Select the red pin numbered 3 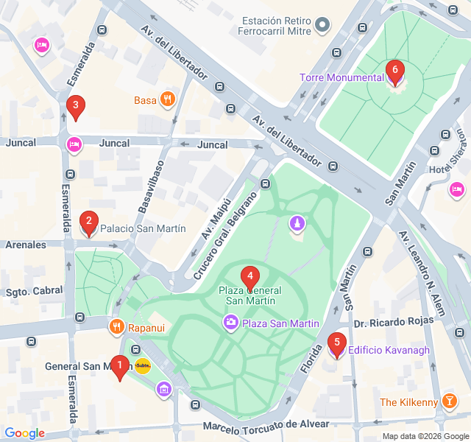tap(74, 107)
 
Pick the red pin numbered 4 tap(250, 277)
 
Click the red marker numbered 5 tap(337, 344)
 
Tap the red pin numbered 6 tap(395, 71)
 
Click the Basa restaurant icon tap(168, 99)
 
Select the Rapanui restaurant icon tap(116, 325)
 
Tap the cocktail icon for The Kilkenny tap(450, 402)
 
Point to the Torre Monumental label tap(341, 77)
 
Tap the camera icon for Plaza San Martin tap(231, 323)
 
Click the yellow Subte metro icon tap(143, 365)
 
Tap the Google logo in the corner tap(24, 433)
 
